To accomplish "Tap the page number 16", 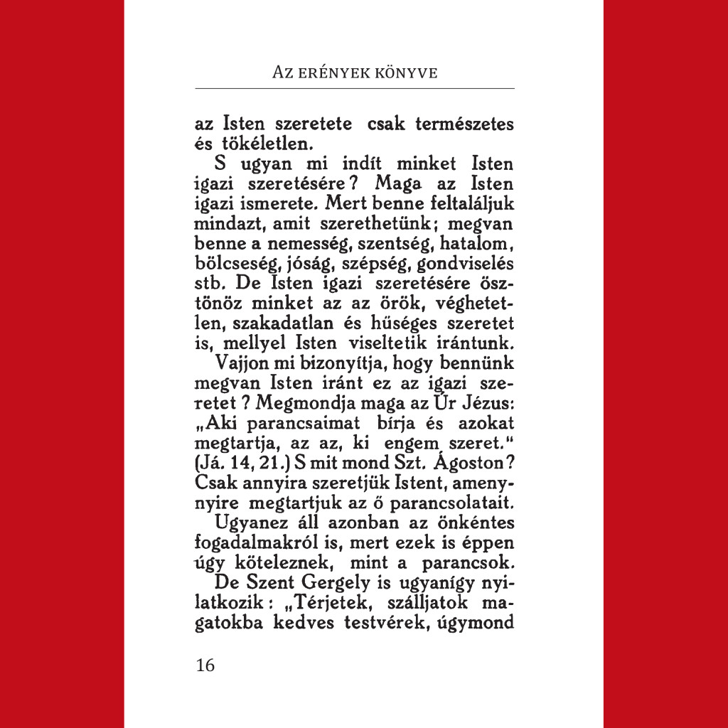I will (x=204, y=665).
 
